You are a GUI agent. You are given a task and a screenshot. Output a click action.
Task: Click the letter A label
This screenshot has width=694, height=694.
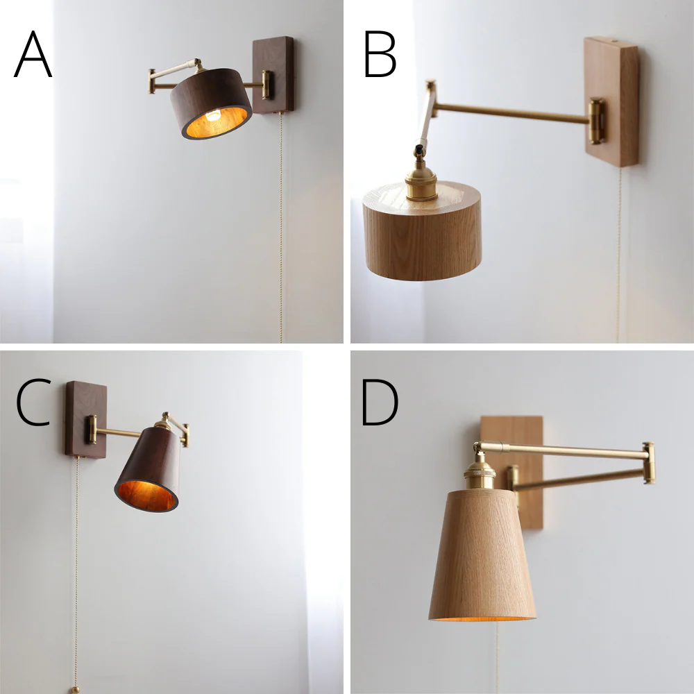click(33, 54)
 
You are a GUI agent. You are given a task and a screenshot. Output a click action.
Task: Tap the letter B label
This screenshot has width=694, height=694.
click(380, 54)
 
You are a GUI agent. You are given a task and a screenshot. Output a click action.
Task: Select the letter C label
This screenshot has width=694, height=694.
click(33, 402)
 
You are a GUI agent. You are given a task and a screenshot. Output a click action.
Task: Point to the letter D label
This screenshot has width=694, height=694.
click(380, 402)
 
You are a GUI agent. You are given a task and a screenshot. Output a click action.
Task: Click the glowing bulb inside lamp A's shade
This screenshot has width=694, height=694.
click(213, 116)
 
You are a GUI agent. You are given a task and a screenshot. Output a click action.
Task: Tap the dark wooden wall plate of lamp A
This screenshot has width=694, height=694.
click(273, 74)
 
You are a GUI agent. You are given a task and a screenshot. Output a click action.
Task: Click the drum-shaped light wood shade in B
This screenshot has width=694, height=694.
click(422, 231)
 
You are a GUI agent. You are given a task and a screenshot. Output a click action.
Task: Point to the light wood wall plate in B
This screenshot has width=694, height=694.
click(612, 101)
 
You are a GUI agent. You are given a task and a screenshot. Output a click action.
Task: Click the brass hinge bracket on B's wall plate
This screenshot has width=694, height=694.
click(595, 121)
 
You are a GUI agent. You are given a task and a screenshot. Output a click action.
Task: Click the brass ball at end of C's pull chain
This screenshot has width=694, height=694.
click(76, 690)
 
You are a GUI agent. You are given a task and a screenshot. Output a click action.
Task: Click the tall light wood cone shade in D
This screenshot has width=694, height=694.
click(482, 555)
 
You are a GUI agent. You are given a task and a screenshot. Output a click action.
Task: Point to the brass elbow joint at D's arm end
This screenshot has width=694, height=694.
click(649, 462)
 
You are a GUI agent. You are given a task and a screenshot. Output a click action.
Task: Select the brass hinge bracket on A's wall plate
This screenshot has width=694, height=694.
click(267, 85)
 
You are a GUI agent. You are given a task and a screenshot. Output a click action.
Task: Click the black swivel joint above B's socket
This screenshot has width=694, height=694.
click(419, 151)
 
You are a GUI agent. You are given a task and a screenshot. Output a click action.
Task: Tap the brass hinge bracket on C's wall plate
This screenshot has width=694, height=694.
click(92, 430)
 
